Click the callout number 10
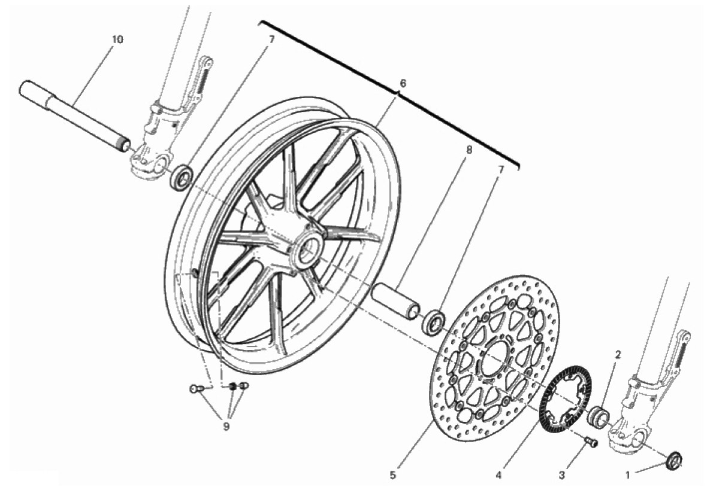pyautogui.click(x=117, y=39)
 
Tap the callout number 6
pyautogui.click(x=403, y=83)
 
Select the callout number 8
pyautogui.click(x=469, y=150)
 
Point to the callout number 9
pyautogui.click(x=226, y=426)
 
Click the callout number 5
pyautogui.click(x=393, y=474)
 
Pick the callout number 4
pyautogui.click(x=498, y=474)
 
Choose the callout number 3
pyautogui.click(x=561, y=474)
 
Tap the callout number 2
pyautogui.click(x=618, y=355)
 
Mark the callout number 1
pyautogui.click(x=627, y=474)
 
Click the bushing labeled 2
pyautogui.click(x=600, y=415)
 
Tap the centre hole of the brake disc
pyautogui.click(x=495, y=356)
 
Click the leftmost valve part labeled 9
pyautogui.click(x=195, y=388)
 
